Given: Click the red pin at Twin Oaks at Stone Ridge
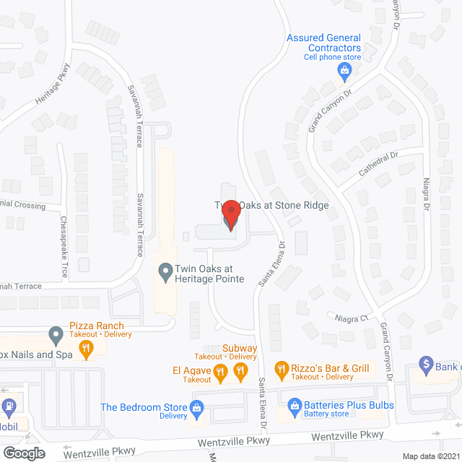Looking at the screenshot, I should pos(230,215).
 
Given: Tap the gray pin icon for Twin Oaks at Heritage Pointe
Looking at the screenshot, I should pos(165,272).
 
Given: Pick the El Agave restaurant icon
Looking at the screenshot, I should pos(222,372).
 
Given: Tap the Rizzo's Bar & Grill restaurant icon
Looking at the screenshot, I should pos(281,369).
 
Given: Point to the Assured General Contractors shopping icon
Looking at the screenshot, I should pos(344,70).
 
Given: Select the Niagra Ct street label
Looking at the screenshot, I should pos(352,316).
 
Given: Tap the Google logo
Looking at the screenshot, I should pos(23,453).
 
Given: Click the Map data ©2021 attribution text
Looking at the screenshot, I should pos(430,456).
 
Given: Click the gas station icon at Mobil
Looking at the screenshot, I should pos(9,408).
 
